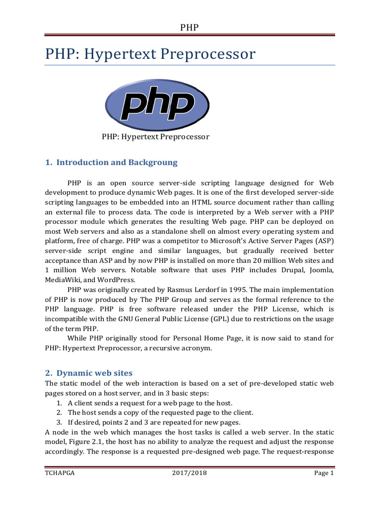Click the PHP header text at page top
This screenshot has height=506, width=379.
tap(189, 27)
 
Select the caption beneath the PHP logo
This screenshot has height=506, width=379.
tap(155, 137)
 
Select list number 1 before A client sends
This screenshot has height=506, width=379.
tap(59, 403)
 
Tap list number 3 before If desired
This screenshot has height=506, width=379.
tap(59, 422)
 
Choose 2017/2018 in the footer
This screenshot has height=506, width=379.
tap(189, 473)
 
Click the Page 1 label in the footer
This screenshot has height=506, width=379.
tap(324, 473)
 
